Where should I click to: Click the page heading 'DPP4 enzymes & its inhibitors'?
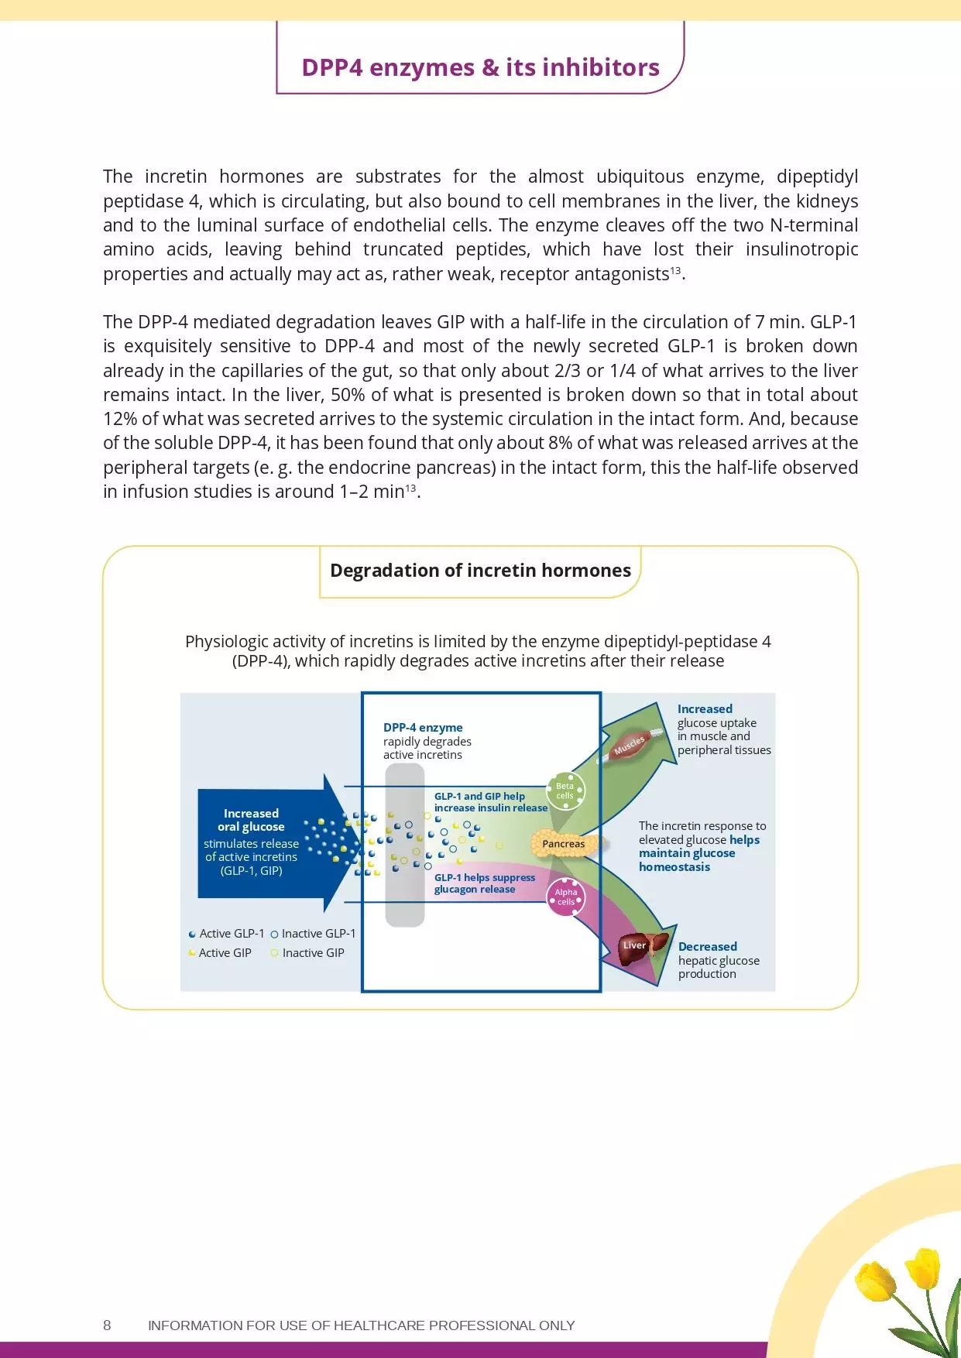point(480,68)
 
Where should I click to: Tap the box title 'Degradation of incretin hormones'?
point(480,571)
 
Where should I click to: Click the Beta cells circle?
point(565,790)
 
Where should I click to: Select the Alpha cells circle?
point(566,897)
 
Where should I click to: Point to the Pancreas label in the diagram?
point(563,844)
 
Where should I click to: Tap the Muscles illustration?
point(630,746)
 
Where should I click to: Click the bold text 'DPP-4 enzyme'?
point(423,728)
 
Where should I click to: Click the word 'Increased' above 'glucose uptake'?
point(705,709)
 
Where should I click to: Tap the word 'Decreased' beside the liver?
point(707,947)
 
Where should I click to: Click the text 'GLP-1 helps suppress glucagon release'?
point(484,883)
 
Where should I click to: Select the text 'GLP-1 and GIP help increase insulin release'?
point(490,802)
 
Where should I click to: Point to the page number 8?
point(107,1325)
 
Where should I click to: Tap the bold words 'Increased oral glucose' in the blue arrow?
point(251,820)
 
